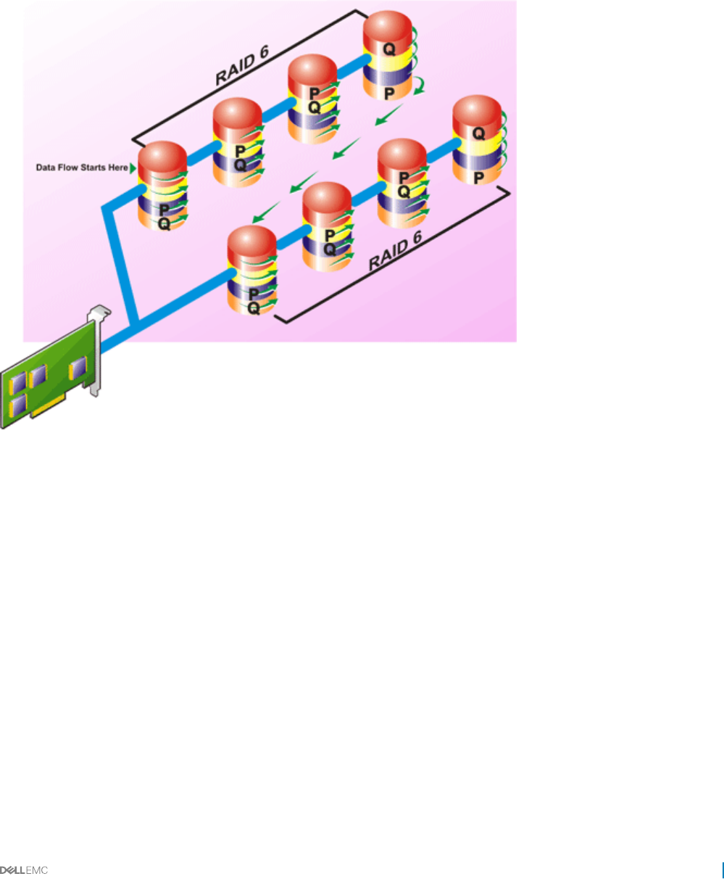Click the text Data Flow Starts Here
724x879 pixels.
(82, 168)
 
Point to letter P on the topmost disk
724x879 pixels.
(389, 93)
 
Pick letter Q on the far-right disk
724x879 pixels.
(478, 133)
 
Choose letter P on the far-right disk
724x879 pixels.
(478, 177)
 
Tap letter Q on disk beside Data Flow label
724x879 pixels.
(165, 224)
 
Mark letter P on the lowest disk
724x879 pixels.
(254, 294)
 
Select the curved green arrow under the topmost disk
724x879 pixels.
(418, 89)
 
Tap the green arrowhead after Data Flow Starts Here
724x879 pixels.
(133, 168)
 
